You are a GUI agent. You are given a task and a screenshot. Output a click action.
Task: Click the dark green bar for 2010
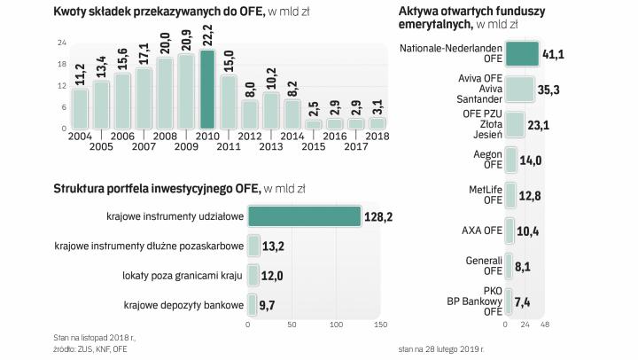207,91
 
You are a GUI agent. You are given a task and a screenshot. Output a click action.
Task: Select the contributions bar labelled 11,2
81,108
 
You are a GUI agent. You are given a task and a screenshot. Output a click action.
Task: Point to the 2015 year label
314,147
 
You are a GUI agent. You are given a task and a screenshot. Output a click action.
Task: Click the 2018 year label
377,137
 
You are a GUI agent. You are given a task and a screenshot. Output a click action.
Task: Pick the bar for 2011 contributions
229,102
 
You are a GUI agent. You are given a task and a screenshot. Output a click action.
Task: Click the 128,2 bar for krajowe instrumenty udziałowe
304,215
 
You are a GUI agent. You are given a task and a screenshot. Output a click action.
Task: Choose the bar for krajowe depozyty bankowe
253,306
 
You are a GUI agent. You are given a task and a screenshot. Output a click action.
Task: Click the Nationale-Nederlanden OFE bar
520,54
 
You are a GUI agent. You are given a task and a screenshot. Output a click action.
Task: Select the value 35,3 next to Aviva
552,89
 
